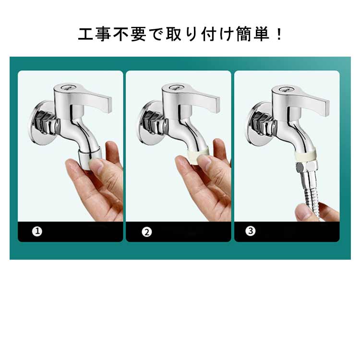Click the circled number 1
(x=37, y=231)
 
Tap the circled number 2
(x=147, y=232)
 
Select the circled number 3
(x=251, y=231)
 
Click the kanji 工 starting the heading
(x=85, y=34)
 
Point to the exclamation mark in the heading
(x=279, y=34)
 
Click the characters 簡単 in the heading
(x=253, y=34)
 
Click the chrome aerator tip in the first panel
(x=89, y=158)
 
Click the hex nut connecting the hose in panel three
(x=307, y=168)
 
